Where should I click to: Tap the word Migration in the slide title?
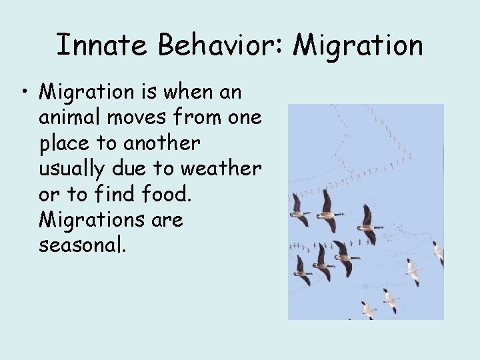358,45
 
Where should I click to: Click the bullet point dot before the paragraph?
25,91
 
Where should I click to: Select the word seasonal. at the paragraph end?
82,245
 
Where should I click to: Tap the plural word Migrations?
90,219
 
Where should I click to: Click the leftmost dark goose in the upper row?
299,212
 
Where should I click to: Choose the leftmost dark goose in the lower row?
301,270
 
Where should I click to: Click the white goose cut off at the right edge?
438,253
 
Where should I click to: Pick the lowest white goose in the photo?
368,309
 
